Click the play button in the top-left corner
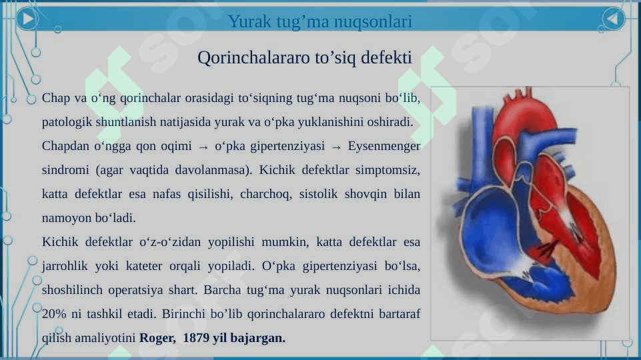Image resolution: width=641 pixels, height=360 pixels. click(x=27, y=19)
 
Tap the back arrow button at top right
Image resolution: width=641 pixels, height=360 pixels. click(x=613, y=19)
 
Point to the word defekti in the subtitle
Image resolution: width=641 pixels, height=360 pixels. click(x=386, y=57)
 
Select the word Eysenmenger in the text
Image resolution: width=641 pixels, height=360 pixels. click(x=384, y=146)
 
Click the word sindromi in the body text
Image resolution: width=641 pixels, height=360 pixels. click(x=65, y=169)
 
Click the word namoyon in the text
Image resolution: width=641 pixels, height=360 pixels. click(x=67, y=218)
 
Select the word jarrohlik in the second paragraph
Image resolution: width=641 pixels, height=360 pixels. click(x=65, y=266)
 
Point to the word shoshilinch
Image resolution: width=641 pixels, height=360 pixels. click(x=72, y=290)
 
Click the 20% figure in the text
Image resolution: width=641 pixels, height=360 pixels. click(x=54, y=314)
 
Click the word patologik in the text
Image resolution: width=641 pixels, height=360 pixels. click(x=67, y=122)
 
